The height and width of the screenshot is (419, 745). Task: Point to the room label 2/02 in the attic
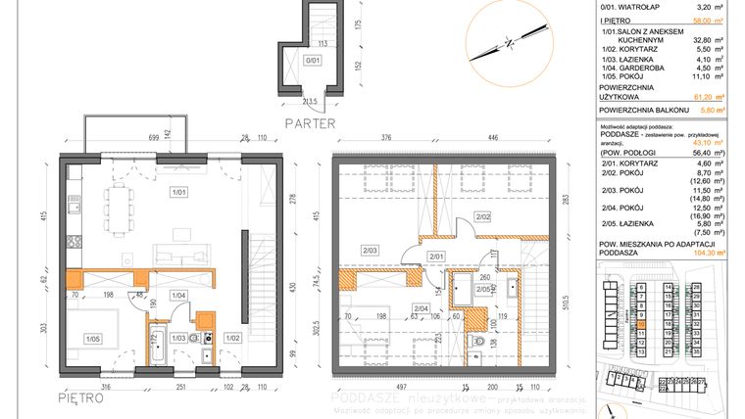[x=482, y=215]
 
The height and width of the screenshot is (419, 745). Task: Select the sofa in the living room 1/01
[x=182, y=236]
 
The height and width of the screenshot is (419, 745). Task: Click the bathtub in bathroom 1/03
[x=157, y=348]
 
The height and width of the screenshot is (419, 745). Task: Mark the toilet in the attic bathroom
[x=476, y=342]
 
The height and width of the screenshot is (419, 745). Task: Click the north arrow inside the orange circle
[x=507, y=41]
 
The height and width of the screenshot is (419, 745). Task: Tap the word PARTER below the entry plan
[x=310, y=124]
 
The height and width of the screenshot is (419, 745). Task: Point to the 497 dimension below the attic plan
[x=393, y=387]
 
